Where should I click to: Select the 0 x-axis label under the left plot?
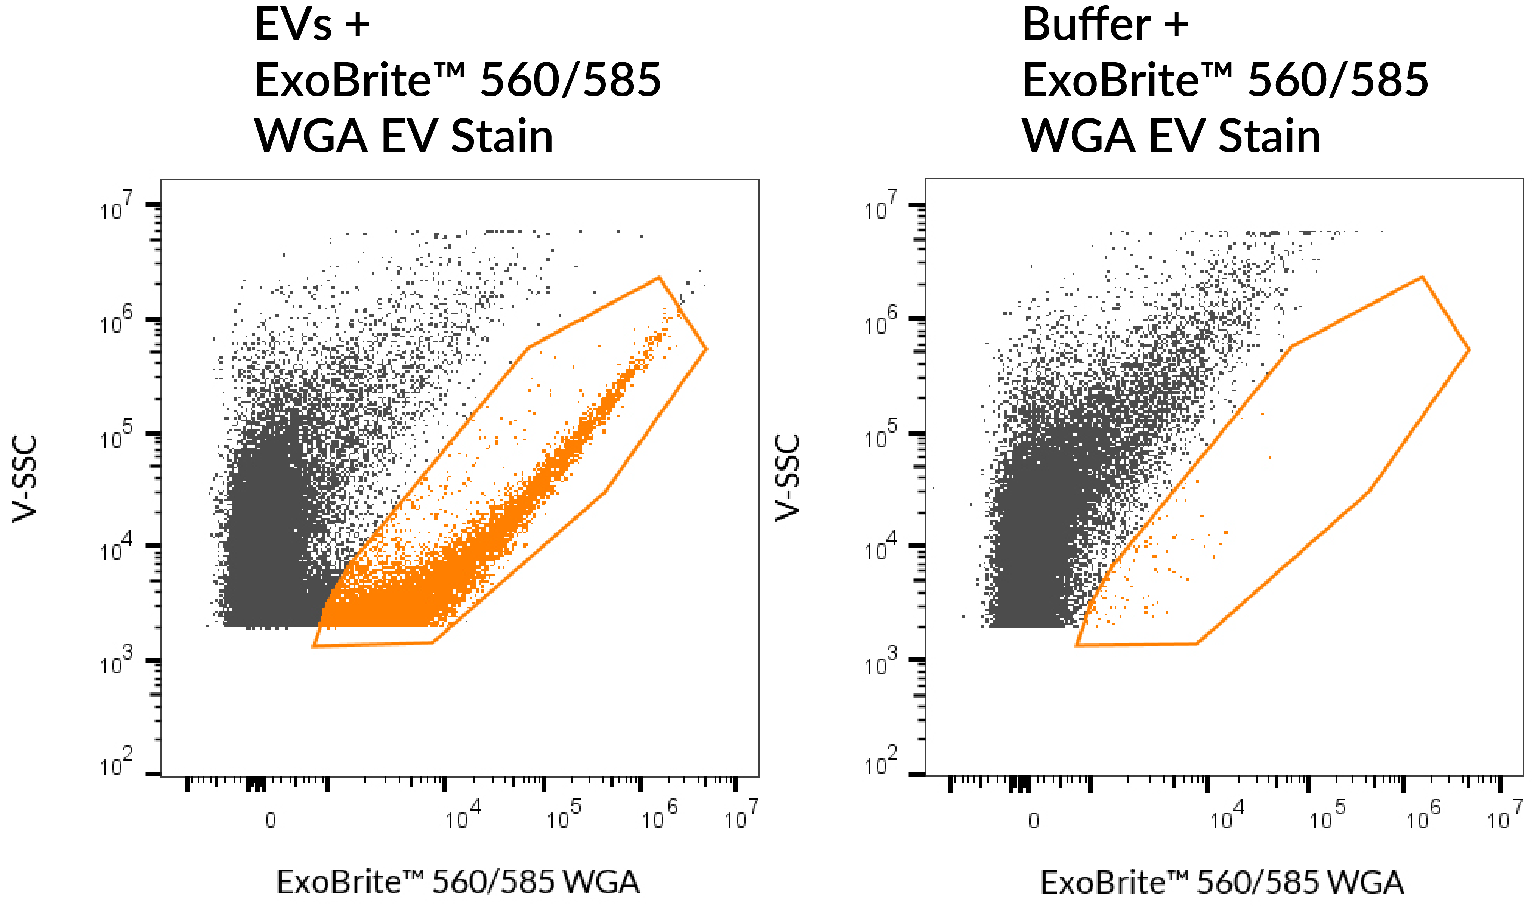click(270, 821)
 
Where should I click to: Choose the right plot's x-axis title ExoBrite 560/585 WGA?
click(1222, 882)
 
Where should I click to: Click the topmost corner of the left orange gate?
click(659, 278)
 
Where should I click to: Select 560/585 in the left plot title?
click(570, 80)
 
